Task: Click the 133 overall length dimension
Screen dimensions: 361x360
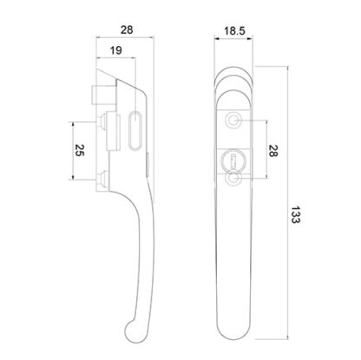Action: pyautogui.click(x=295, y=214)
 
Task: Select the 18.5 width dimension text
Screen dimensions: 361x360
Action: pyautogui.click(x=234, y=30)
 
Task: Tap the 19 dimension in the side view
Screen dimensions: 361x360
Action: pyautogui.click(x=116, y=50)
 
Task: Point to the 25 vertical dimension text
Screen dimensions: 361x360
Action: pyautogui.click(x=79, y=150)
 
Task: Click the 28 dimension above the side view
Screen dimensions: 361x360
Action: pyautogui.click(x=127, y=29)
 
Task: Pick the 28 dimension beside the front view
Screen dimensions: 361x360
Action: pyautogui.click(x=272, y=150)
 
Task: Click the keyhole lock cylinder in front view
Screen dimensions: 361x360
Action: pyautogui.click(x=233, y=159)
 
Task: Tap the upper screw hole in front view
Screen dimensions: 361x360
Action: pyautogui.click(x=233, y=120)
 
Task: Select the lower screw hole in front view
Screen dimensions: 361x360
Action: pyautogui.click(x=233, y=178)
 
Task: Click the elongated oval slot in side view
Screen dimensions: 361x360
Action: pyautogui.click(x=135, y=130)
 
